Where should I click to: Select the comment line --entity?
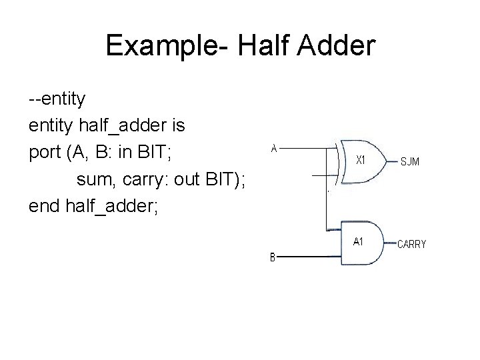click(57, 99)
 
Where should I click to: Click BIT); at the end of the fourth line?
click(230, 179)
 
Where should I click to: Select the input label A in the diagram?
click(273, 149)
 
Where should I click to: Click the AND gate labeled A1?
click(360, 243)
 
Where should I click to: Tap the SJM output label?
click(410, 161)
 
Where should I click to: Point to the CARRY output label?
click(411, 244)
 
